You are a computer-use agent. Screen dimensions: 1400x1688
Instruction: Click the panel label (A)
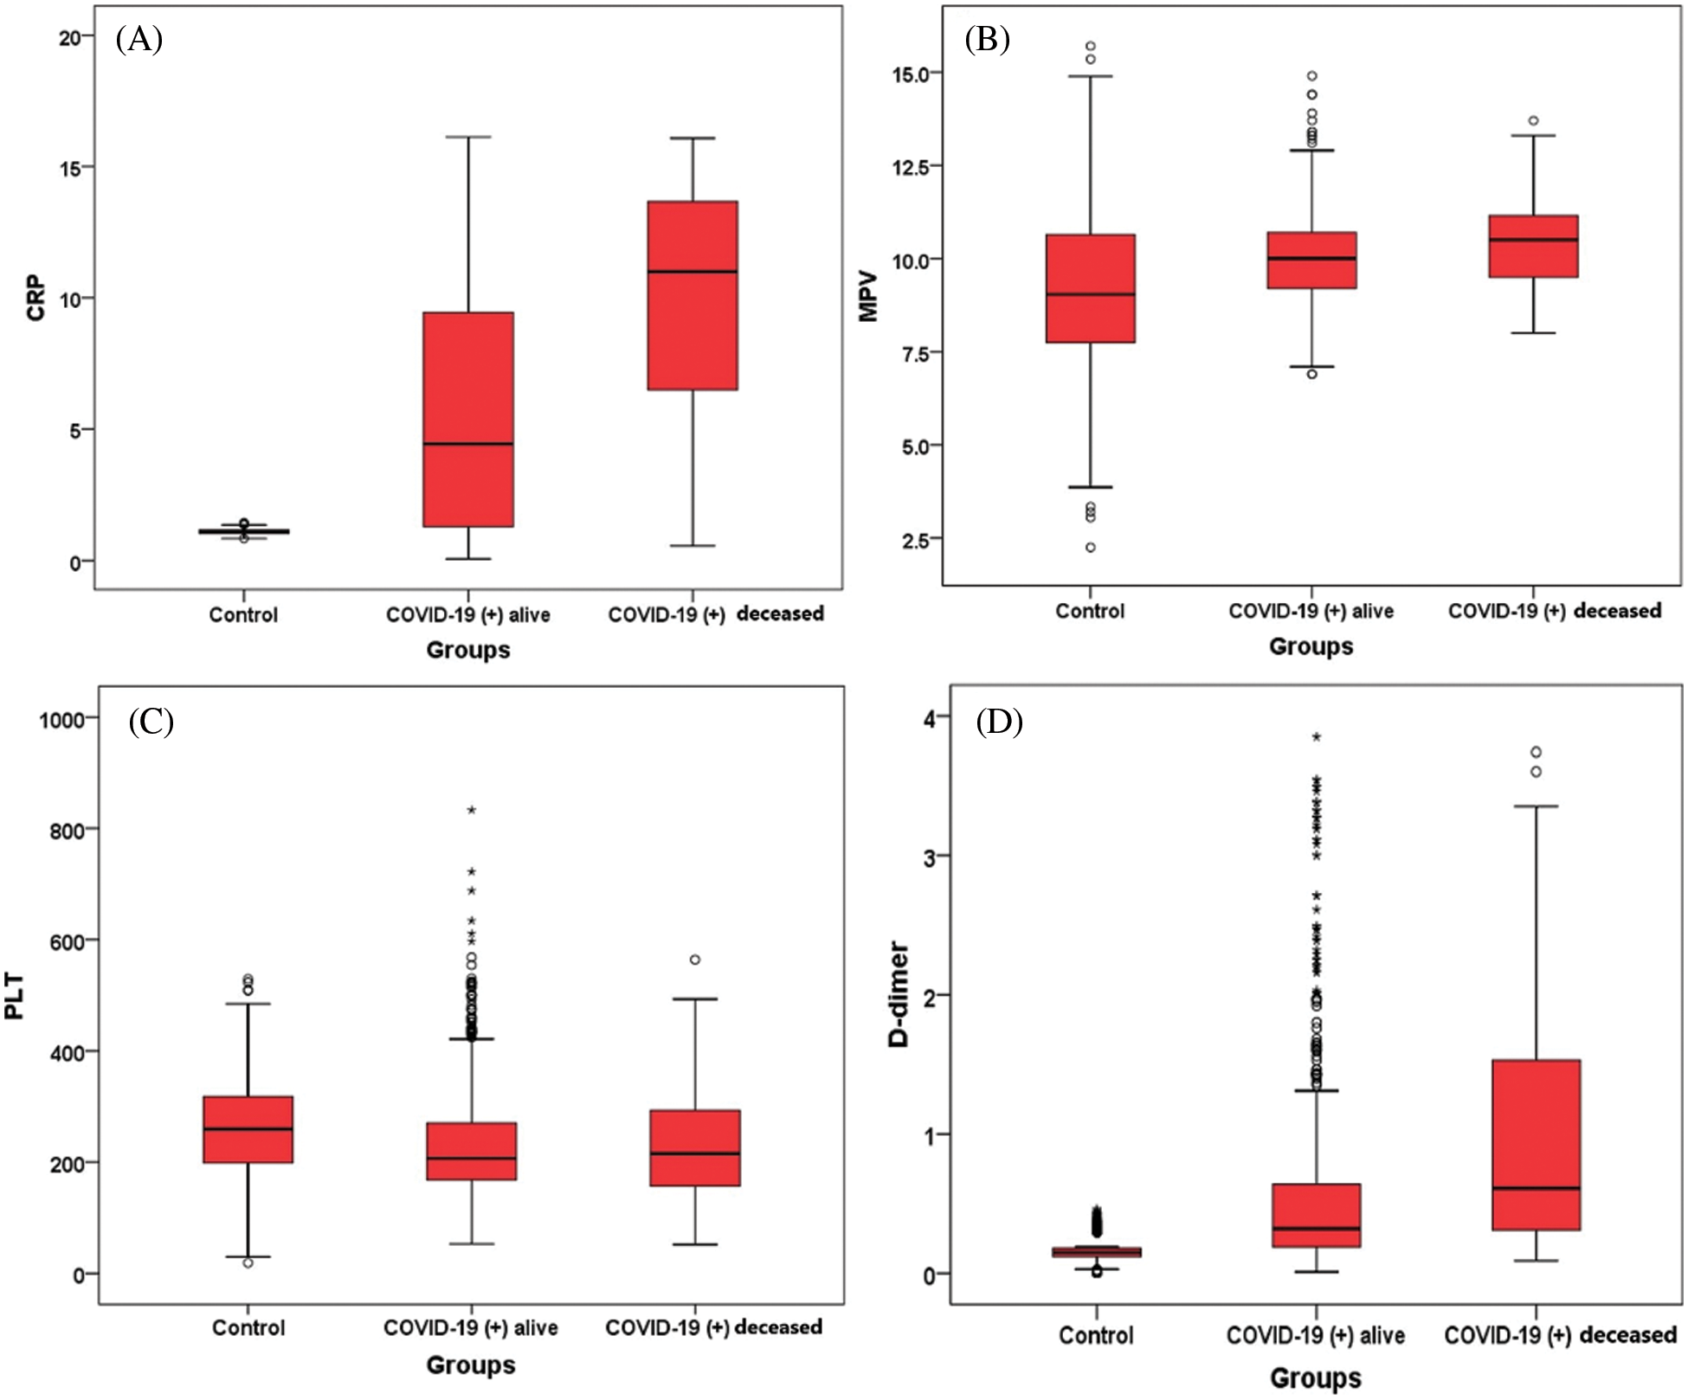139,40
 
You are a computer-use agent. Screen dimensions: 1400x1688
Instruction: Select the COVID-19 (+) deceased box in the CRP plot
693,295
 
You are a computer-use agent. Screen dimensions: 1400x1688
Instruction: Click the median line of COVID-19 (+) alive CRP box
468,444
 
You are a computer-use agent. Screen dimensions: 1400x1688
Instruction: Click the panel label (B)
987,40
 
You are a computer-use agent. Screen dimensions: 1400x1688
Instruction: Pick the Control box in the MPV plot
1091,288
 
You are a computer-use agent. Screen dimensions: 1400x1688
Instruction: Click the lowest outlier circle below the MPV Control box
1091,548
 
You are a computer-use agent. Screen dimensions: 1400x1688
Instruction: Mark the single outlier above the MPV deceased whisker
1534,121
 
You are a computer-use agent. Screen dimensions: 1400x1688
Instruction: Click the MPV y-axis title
868,297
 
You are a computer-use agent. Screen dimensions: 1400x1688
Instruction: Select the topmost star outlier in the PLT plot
472,811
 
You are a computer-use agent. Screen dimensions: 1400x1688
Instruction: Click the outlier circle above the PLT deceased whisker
695,960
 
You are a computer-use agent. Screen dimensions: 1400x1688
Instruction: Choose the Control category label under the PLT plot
248,1327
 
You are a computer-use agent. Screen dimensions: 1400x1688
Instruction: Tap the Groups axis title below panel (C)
470,1365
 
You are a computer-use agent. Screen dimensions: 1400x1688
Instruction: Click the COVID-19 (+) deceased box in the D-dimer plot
1537,1144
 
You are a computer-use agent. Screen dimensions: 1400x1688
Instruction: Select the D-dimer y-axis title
899,995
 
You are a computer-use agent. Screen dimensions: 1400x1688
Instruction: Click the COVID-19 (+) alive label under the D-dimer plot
1315,1335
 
